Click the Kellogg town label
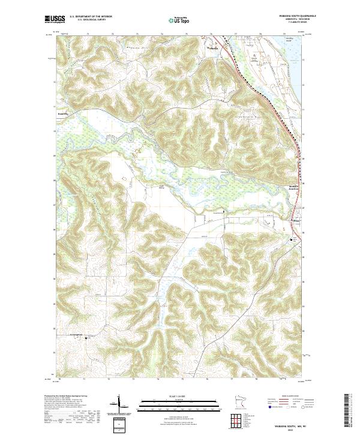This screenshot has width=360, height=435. click(x=295, y=221)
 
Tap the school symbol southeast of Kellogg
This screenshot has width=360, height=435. click(x=294, y=240)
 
